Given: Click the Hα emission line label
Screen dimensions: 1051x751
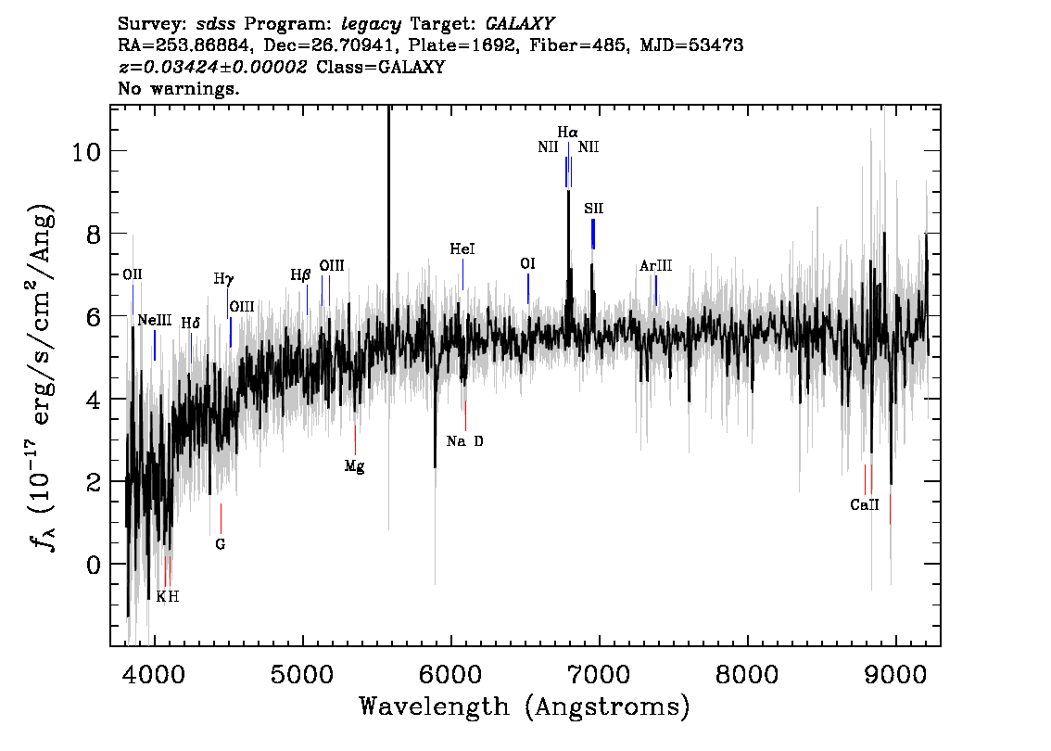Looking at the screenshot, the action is [x=568, y=133].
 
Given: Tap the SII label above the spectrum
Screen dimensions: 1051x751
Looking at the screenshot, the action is [x=593, y=209].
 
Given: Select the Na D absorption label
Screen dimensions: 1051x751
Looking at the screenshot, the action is [x=464, y=441].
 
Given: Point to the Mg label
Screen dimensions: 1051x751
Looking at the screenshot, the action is [x=355, y=466].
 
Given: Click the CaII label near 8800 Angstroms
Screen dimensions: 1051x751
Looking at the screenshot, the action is [x=865, y=505].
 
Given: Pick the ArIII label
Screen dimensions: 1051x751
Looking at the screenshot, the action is [x=655, y=266].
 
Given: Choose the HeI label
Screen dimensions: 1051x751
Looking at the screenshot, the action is [x=462, y=249].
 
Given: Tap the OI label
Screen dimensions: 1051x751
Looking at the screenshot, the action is [x=527, y=264].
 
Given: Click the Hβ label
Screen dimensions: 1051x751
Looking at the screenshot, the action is [x=301, y=275].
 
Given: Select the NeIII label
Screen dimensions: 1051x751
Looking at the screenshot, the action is [x=155, y=321].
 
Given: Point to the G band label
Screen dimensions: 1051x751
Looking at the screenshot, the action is [x=221, y=544].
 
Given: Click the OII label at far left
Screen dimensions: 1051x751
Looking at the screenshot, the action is [x=132, y=274].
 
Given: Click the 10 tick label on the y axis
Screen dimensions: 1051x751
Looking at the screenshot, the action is [x=86, y=151].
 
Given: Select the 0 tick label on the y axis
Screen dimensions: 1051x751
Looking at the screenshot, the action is [x=94, y=566].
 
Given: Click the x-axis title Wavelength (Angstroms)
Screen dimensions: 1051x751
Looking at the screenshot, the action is [x=525, y=706].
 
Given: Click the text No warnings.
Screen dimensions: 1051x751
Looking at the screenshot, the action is [x=178, y=88].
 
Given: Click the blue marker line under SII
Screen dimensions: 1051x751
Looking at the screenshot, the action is [x=593, y=234].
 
